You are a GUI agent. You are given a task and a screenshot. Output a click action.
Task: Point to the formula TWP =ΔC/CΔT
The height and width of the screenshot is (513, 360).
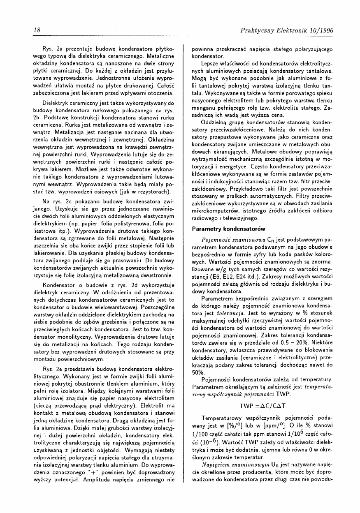pos(262,394)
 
